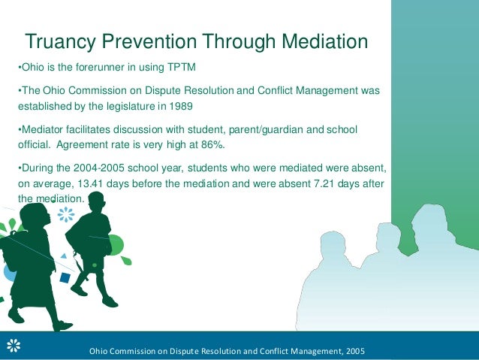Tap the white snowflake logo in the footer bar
pyautogui.click(x=13, y=346)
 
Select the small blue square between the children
pyautogui.click(x=65, y=277)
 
